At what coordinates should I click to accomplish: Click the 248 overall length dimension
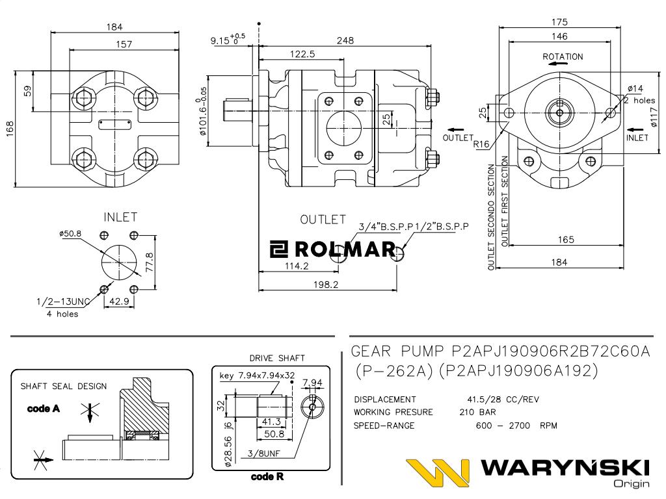click(x=345, y=40)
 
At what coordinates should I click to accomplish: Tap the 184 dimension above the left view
click(x=114, y=27)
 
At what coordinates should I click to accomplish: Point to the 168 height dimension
click(x=9, y=128)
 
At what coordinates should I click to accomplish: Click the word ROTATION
click(x=563, y=57)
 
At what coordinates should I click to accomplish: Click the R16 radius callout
click(x=481, y=144)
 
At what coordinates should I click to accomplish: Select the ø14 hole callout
click(x=635, y=88)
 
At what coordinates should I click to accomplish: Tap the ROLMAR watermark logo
click(x=333, y=249)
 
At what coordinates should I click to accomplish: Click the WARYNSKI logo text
click(x=566, y=468)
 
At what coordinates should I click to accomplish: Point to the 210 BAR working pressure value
click(x=477, y=413)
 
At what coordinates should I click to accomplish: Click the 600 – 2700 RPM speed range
click(x=516, y=426)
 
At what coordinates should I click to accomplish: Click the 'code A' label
click(x=43, y=409)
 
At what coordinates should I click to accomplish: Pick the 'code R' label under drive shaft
click(x=267, y=477)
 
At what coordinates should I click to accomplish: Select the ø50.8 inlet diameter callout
click(x=70, y=233)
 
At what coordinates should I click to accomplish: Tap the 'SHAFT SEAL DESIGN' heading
click(x=64, y=386)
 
